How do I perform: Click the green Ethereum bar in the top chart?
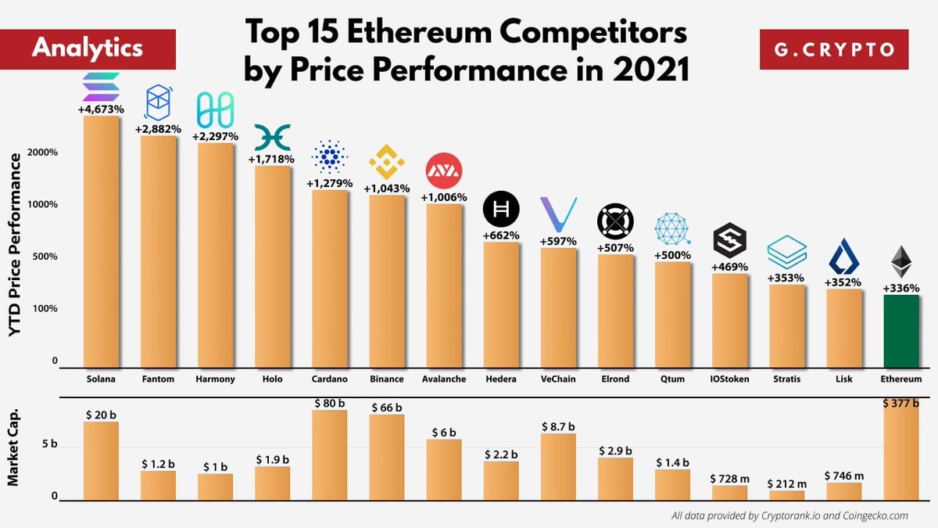[900, 331]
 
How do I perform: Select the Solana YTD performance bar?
[101, 242]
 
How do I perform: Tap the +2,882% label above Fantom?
[158, 128]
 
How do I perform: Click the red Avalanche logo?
[443, 171]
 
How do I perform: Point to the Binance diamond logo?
[387, 162]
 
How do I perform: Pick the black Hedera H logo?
[501, 209]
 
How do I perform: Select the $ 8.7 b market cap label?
[558, 427]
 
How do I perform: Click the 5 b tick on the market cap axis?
[49, 444]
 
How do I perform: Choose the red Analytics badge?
[88, 48]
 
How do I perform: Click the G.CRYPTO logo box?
[834, 49]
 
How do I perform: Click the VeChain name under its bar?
[558, 379]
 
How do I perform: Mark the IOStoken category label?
[729, 379]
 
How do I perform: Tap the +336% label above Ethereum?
[900, 289]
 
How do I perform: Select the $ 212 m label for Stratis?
[786, 484]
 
